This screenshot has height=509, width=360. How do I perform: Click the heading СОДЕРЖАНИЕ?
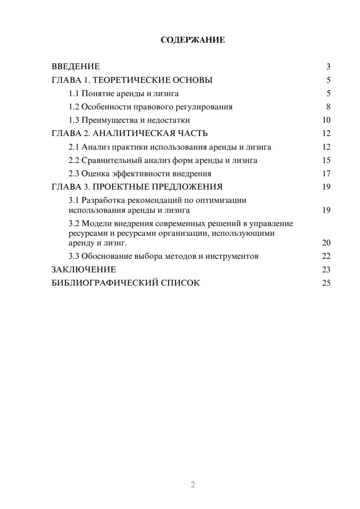coord(193,40)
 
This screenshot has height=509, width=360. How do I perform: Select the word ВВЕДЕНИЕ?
coord(76,67)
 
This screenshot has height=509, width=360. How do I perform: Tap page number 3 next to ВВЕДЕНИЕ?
coord(328,67)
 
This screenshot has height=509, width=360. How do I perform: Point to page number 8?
coord(328,107)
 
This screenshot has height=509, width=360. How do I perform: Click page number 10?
coord(326,120)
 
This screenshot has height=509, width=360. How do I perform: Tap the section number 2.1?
coord(74,147)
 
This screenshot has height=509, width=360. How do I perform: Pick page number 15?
coord(326,160)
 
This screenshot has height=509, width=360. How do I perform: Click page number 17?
coord(326,174)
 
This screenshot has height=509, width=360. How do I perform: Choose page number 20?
coord(326,243)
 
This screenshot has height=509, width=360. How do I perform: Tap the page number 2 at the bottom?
coord(193,485)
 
